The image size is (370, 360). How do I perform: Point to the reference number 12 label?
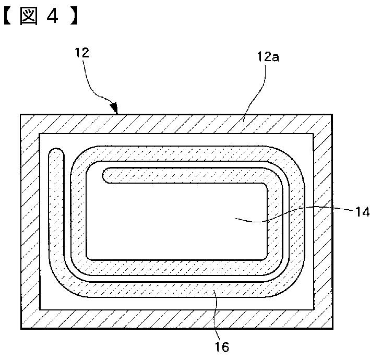click(x=82, y=52)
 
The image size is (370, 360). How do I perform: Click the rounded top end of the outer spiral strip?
click(x=56, y=153)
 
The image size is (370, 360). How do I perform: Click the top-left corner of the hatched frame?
click(x=21, y=114)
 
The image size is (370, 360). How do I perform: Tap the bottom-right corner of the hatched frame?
click(x=332, y=328)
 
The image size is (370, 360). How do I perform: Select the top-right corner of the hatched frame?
click(x=332, y=114)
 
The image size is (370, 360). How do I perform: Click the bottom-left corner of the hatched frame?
click(x=21, y=328)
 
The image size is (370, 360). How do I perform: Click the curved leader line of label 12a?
click(x=258, y=89)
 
